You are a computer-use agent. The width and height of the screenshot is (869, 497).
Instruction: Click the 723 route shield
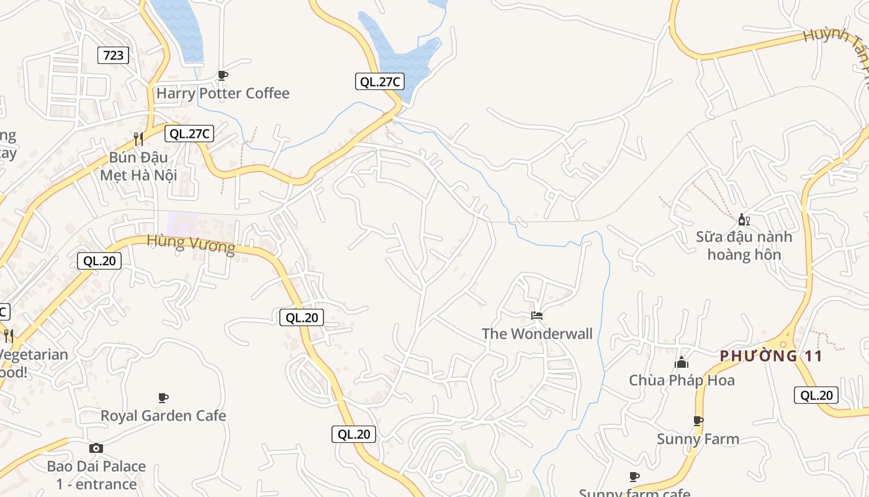113,55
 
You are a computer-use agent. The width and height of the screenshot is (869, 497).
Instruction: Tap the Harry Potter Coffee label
223,93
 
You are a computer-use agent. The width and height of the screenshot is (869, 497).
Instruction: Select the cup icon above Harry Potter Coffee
223,75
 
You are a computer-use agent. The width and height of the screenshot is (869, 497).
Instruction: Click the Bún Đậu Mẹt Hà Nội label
139,166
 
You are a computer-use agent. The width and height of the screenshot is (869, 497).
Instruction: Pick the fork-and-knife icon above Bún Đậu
138,139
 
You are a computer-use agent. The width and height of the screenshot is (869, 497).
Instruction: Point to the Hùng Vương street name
191,244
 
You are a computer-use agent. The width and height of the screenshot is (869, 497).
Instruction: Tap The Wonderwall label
537,334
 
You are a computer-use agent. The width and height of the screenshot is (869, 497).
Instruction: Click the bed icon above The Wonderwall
537,316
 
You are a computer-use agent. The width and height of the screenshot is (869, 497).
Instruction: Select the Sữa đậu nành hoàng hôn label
744,245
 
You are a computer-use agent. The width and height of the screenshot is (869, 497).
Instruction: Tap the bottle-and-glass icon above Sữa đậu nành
744,219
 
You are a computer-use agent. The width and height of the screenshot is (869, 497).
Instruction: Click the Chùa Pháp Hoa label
682,380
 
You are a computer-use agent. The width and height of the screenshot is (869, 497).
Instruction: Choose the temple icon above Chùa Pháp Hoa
682,362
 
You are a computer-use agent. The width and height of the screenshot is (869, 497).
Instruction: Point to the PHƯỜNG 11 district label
771,356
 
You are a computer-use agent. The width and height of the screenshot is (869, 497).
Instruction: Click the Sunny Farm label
698,439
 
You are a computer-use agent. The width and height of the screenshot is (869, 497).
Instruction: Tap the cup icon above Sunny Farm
698,421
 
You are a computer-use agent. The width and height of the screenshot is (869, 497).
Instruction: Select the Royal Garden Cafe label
163,416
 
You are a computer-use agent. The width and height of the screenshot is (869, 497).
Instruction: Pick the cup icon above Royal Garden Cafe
163,397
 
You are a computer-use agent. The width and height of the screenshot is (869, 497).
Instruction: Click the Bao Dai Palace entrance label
96,475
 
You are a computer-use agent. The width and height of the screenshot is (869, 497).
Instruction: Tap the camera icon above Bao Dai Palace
96,448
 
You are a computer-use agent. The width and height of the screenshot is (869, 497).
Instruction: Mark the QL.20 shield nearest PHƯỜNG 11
816,395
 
